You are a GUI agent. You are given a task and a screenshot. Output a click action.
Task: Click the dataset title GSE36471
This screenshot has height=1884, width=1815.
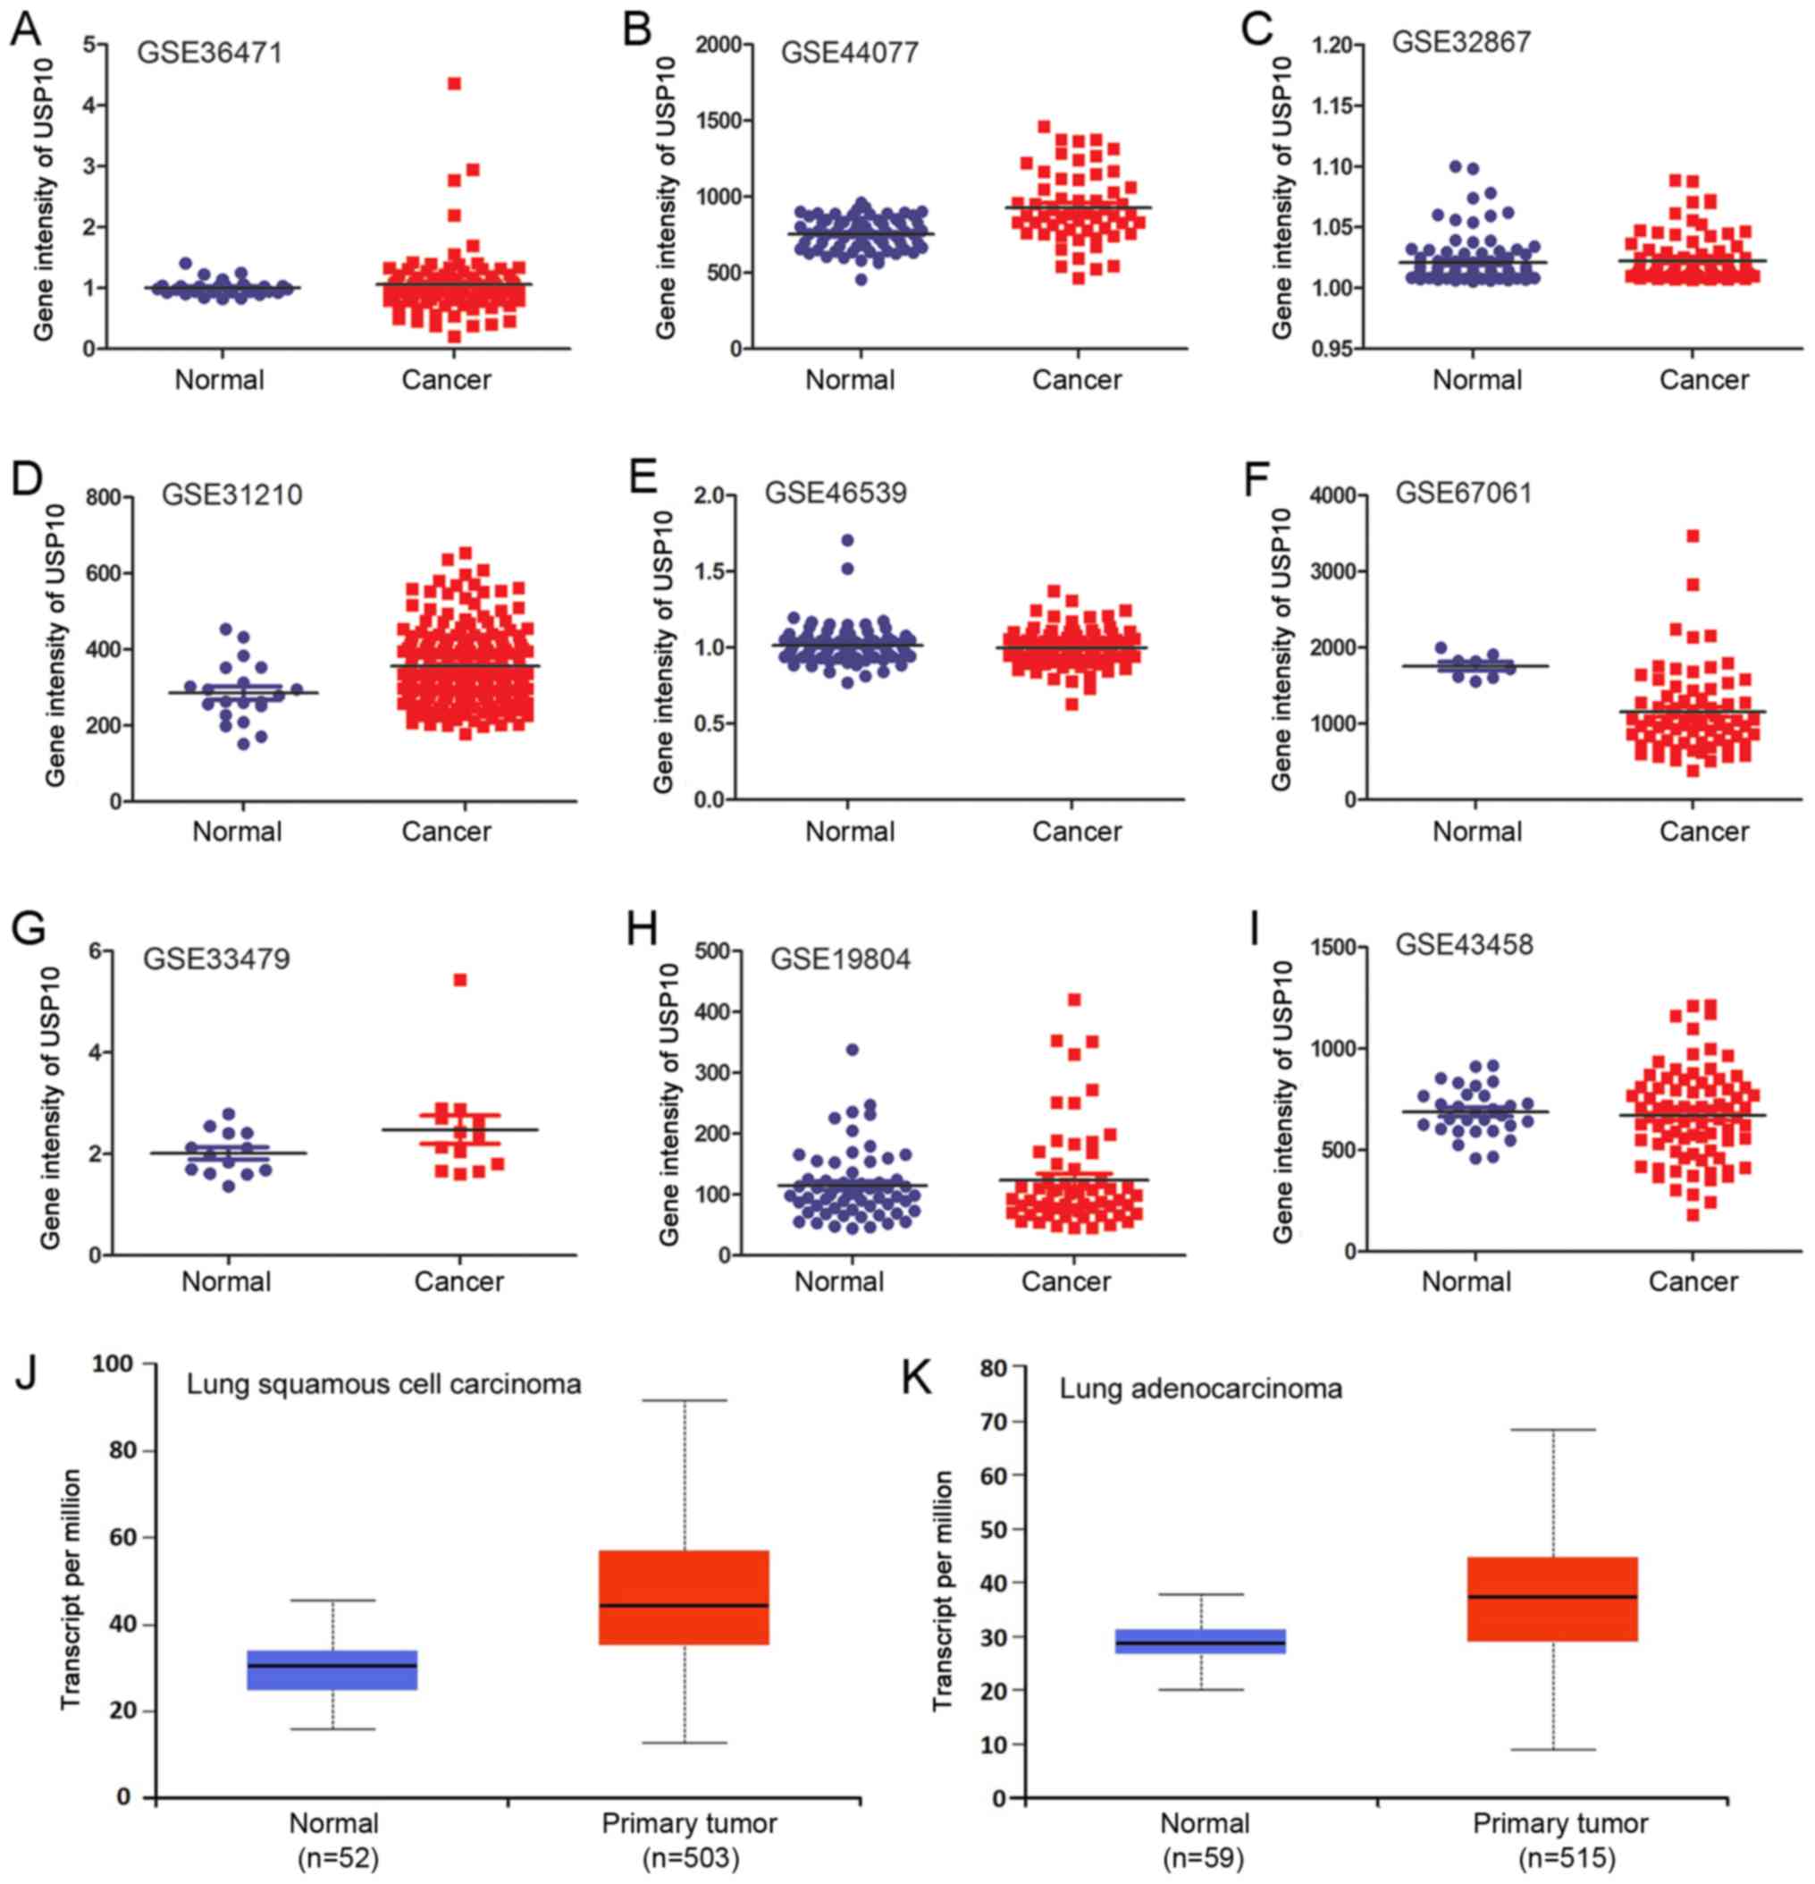tap(209, 52)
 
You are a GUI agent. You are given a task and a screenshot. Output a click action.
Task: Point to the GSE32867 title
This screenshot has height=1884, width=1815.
tap(1460, 43)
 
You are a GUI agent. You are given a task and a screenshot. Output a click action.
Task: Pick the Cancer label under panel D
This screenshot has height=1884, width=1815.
tap(446, 832)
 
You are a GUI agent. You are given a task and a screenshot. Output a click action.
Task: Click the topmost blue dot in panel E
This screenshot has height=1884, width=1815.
tap(847, 540)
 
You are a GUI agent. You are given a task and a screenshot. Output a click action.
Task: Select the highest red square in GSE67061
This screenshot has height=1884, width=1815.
tap(1693, 536)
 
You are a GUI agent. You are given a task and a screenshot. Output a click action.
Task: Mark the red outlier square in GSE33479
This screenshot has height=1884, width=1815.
tap(460, 980)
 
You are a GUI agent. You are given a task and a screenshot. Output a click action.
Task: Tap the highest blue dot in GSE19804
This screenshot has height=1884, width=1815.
tap(852, 1050)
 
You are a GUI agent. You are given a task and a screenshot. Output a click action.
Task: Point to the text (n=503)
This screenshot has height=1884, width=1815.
tap(690, 1859)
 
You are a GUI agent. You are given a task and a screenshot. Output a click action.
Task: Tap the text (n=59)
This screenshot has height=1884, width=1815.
tap(1204, 1859)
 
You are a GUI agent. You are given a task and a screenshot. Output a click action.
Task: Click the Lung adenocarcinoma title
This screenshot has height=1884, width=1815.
tap(1200, 1389)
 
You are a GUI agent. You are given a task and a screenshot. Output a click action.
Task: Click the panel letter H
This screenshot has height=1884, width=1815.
tap(641, 931)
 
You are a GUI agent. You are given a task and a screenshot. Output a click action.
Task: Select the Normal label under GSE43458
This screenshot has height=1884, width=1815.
tap(1466, 1281)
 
